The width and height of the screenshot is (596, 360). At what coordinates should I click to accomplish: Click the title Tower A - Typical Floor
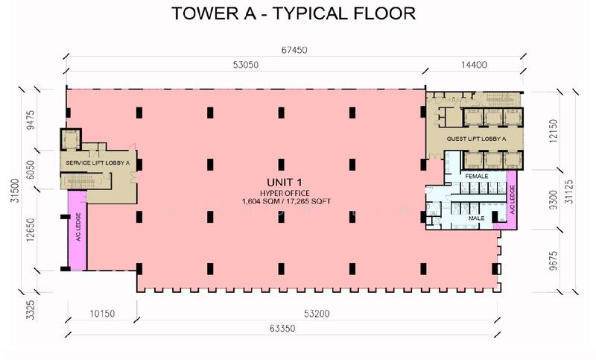click(294, 13)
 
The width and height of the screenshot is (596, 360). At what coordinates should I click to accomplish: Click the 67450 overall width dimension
click(294, 51)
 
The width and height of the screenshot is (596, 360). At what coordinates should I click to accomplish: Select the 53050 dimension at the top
click(245, 66)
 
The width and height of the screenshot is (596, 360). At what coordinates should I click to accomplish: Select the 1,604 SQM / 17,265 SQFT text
click(285, 201)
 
